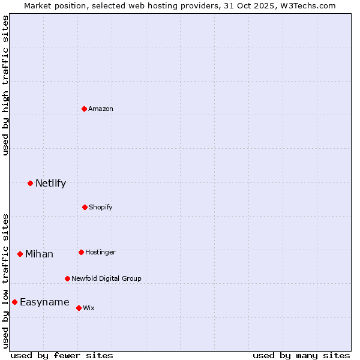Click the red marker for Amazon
click(84, 109)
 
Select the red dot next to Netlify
click(30, 183)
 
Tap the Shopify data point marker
click(85, 207)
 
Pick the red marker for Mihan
click(20, 254)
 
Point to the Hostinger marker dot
click(81, 252)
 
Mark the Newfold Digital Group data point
click(67, 278)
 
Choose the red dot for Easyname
click(14, 302)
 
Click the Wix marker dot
click(79, 308)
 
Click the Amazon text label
click(101, 109)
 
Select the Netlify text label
click(50, 183)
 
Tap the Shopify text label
click(101, 207)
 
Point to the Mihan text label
click(39, 254)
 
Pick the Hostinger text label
click(100, 252)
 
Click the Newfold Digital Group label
click(106, 278)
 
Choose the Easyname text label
click(44, 302)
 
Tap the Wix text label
click(89, 308)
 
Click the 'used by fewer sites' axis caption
click(62, 355)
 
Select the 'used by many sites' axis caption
click(301, 355)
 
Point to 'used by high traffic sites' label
click(5, 85)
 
